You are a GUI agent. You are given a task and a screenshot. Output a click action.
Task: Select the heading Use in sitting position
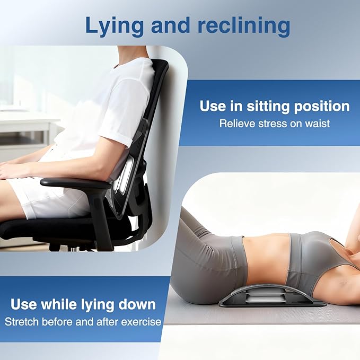274,106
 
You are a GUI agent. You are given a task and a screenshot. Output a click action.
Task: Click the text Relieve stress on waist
274,124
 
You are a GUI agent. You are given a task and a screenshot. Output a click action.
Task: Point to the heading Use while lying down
83,304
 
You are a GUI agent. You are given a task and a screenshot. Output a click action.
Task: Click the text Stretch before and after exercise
83,321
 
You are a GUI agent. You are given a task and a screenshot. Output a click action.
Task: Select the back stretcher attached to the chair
123,180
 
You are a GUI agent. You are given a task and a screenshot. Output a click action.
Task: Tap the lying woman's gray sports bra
313,260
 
